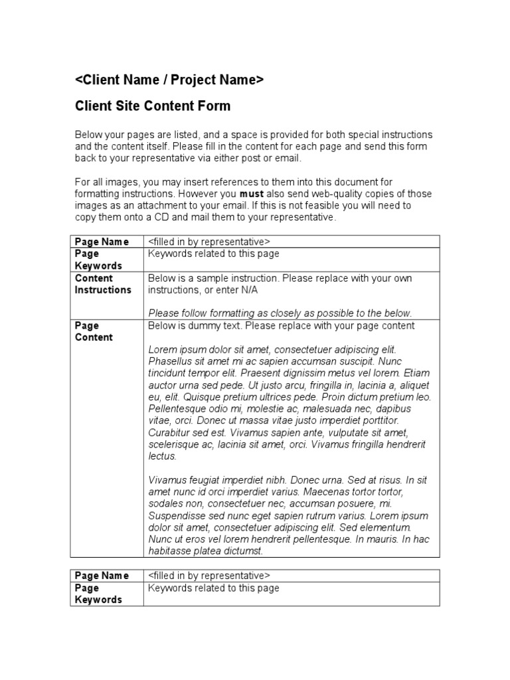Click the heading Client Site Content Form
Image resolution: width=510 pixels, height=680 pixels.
(x=153, y=106)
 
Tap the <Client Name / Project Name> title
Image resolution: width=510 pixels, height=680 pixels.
(x=169, y=80)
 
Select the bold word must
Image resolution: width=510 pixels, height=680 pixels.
(x=251, y=194)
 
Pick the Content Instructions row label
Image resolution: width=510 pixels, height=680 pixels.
(x=103, y=284)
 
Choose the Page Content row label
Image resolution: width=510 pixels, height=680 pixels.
(x=94, y=331)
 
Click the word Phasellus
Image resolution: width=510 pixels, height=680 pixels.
(x=171, y=361)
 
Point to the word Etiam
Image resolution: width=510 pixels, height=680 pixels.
(x=416, y=373)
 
